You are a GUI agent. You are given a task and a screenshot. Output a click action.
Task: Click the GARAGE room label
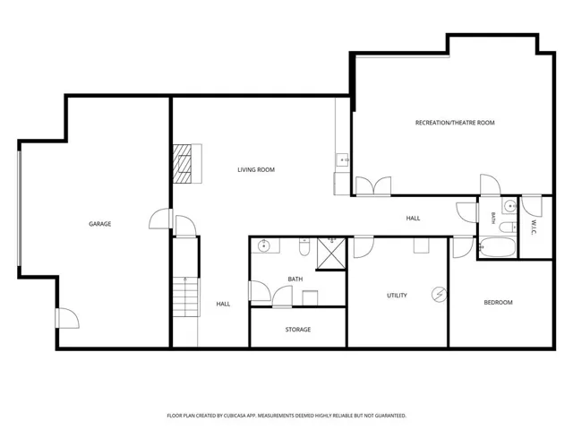click(x=99, y=224)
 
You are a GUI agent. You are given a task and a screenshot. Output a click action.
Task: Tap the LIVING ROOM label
click(x=256, y=169)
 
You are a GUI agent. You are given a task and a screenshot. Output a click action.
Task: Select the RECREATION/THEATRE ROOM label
click(x=455, y=123)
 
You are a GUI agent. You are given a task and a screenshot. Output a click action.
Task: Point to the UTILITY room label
click(x=397, y=296)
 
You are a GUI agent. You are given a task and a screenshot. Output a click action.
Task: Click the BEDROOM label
click(x=498, y=303)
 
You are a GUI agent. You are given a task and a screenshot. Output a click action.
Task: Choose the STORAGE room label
click(x=298, y=330)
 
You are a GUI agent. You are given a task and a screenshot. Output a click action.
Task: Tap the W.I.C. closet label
click(x=534, y=227)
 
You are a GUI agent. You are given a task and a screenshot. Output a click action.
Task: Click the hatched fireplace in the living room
click(x=182, y=163)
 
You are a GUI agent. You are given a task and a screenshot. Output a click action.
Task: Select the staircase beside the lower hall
click(x=186, y=297)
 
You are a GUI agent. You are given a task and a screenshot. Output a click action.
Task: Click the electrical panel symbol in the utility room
click(x=439, y=295)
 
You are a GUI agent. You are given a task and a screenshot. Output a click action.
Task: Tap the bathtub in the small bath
click(x=498, y=247)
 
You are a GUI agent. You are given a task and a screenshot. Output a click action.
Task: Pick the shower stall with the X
click(x=331, y=254)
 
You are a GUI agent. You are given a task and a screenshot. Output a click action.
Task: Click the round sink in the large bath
click(x=263, y=246)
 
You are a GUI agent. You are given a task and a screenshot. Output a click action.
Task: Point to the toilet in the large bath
click(x=304, y=247)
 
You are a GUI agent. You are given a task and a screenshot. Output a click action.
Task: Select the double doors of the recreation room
click(x=373, y=186)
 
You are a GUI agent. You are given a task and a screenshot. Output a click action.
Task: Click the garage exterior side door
click(x=67, y=318)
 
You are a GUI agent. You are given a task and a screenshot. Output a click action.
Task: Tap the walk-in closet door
click(x=531, y=206)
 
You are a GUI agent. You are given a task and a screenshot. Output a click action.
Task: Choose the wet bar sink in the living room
click(x=342, y=159)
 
